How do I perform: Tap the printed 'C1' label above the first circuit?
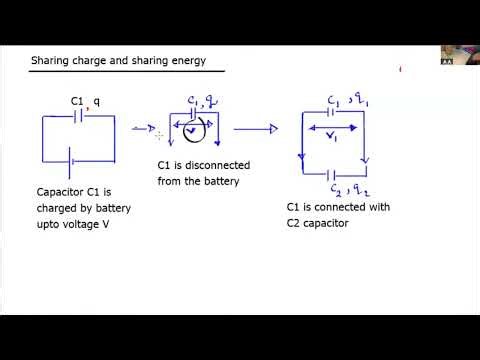tap(77, 101)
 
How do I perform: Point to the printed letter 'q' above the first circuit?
tap(97, 101)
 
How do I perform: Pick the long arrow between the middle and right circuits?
tap(255, 128)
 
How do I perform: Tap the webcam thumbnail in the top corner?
tap(459, 56)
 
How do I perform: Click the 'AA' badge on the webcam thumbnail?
tap(447, 62)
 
